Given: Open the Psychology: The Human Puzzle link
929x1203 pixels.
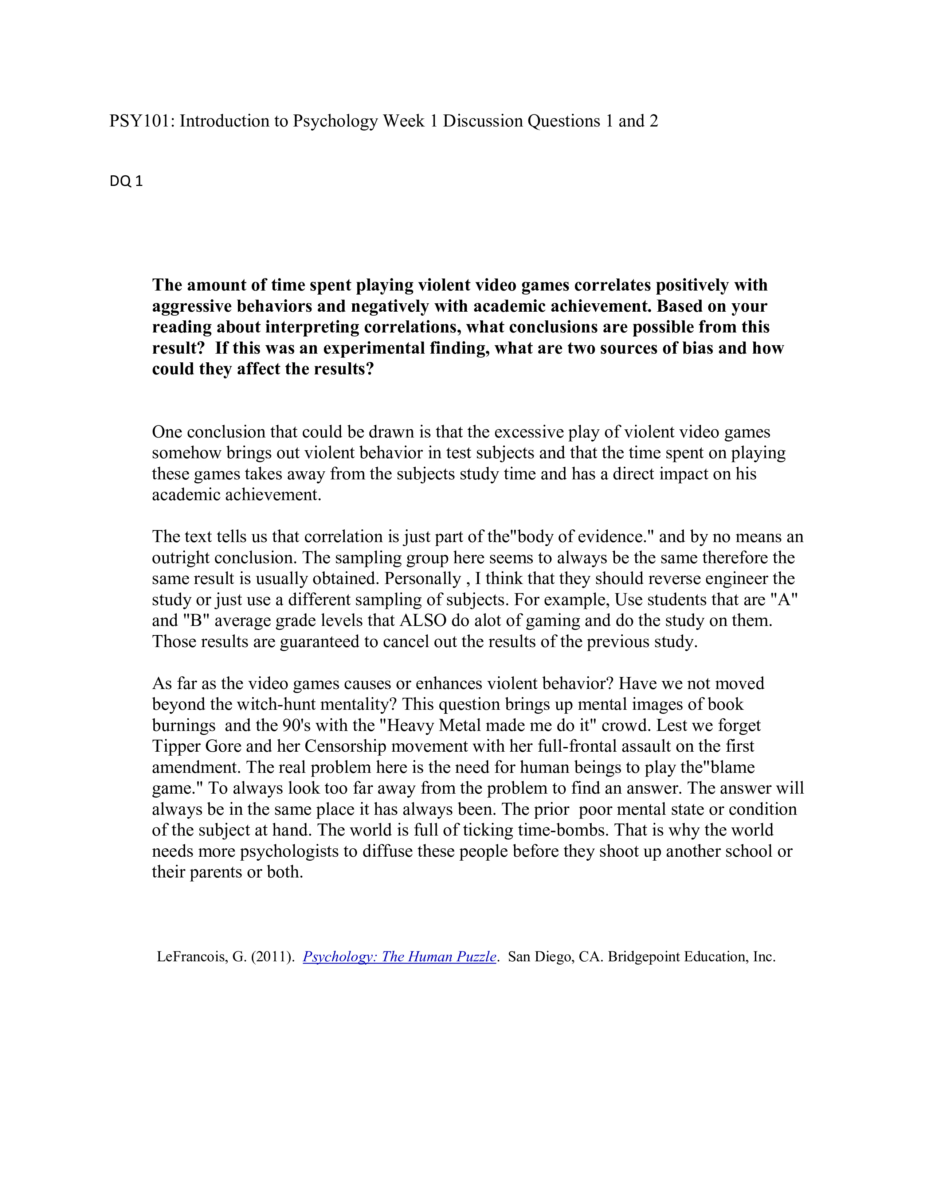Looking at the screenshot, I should coord(400,957).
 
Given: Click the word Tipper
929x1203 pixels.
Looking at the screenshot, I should coord(176,746).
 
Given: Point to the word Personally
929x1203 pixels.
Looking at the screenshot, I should coord(423,579).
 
